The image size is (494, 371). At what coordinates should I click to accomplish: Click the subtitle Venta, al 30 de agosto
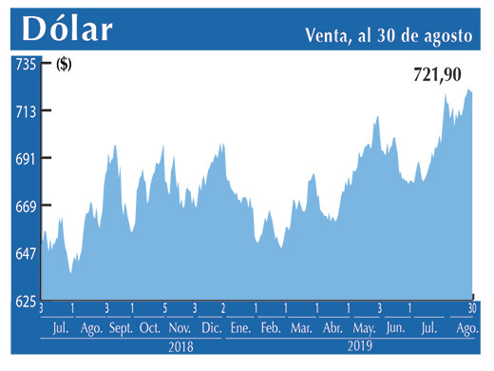tap(389, 35)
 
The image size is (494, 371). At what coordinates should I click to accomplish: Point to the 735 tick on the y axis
tap(24, 65)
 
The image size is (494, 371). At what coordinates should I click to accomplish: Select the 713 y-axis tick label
tap(24, 112)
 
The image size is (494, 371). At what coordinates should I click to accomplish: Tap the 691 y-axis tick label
tap(24, 159)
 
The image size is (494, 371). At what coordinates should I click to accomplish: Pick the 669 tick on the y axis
tap(24, 206)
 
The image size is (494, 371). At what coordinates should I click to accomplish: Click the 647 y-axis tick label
tap(24, 253)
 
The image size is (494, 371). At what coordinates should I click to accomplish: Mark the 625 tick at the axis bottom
tap(24, 301)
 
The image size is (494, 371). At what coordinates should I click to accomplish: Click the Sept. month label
tap(122, 328)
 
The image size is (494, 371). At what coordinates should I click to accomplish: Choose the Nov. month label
tap(180, 328)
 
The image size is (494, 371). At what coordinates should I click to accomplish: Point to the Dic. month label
tap(211, 328)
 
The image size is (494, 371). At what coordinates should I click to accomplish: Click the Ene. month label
tap(240, 328)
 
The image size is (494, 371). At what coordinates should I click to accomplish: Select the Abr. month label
tap(332, 328)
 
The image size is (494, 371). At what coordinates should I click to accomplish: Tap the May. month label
tap(364, 328)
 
